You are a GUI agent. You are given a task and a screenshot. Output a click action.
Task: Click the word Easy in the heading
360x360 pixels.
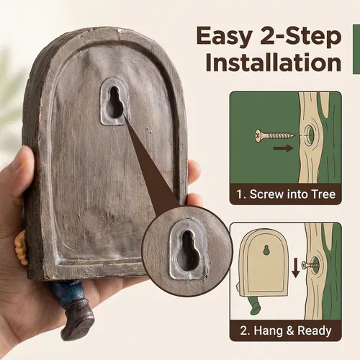click(224, 37)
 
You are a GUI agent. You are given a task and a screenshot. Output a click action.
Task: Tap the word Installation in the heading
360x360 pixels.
click(274, 62)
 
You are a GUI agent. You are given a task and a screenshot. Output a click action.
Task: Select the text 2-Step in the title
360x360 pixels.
click(301, 37)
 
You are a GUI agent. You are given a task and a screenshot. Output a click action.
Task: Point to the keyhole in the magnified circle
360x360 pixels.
click(189, 251)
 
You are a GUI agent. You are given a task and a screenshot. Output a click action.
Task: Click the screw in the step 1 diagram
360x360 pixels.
click(274, 135)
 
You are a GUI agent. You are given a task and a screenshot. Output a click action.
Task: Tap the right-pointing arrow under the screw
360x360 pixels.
click(284, 148)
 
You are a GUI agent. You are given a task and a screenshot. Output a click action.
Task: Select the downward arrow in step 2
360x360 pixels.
click(296, 269)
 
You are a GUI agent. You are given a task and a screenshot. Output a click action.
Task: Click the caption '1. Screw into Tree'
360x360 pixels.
click(286, 194)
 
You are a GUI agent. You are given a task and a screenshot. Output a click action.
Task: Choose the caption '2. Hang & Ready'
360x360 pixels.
click(286, 330)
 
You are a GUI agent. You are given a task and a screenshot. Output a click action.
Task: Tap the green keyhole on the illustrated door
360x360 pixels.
click(266, 250)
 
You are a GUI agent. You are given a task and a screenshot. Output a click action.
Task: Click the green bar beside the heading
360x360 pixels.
click(356, 49)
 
